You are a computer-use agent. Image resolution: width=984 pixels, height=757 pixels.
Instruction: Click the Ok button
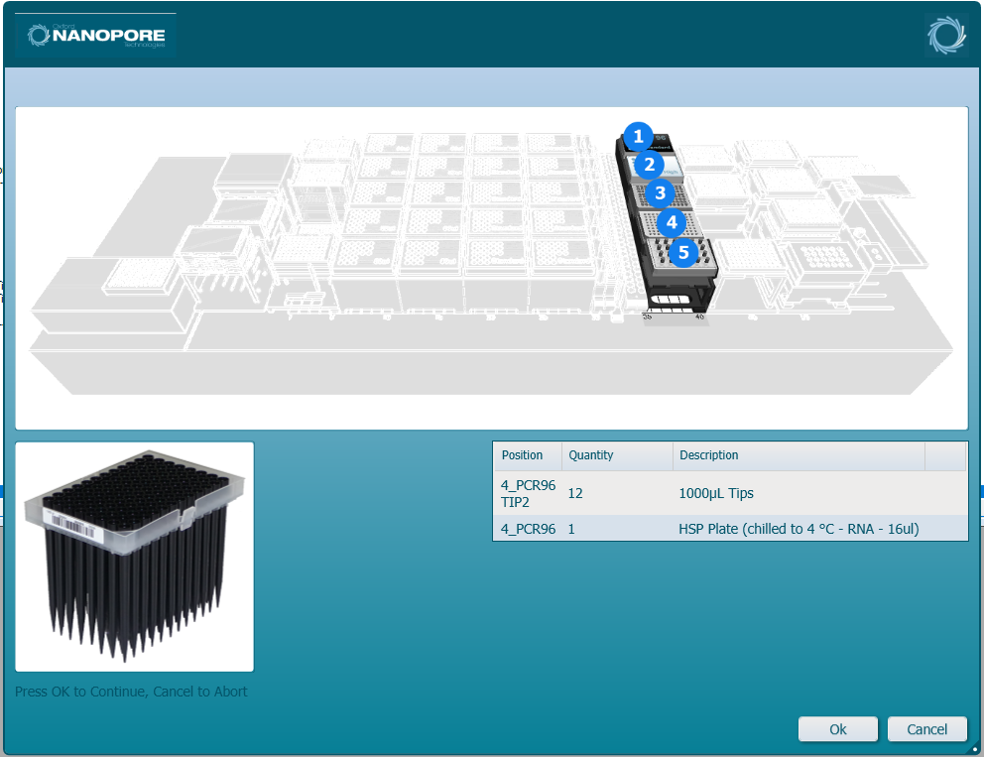pyautogui.click(x=837, y=729)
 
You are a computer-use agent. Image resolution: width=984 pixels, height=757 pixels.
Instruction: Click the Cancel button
pyautogui.click(x=926, y=729)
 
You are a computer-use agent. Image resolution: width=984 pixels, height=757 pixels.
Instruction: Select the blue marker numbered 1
pyautogui.click(x=638, y=136)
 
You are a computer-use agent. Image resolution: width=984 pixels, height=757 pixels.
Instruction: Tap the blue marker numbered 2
pyautogui.click(x=649, y=165)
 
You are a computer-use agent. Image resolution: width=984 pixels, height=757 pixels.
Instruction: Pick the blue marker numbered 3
pyautogui.click(x=660, y=193)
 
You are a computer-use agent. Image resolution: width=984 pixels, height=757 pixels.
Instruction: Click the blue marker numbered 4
pyautogui.click(x=672, y=222)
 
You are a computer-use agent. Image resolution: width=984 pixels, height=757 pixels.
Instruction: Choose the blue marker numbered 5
pyautogui.click(x=683, y=253)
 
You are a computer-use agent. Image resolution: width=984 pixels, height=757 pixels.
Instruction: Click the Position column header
pyautogui.click(x=523, y=455)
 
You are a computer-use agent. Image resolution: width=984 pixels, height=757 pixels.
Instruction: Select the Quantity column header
pyautogui.click(x=591, y=455)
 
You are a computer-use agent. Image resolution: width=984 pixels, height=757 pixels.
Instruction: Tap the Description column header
pyautogui.click(x=708, y=455)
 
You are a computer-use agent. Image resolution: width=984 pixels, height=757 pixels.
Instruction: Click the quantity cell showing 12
pyautogui.click(x=575, y=493)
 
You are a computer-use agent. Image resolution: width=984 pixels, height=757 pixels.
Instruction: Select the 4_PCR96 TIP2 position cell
pyautogui.click(x=528, y=493)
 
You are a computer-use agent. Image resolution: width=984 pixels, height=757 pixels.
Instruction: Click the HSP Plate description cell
pyautogui.click(x=799, y=529)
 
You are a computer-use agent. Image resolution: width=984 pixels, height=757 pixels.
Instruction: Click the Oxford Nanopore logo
pyautogui.click(x=96, y=37)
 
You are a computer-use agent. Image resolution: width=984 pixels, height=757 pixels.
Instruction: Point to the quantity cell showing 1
pyautogui.click(x=572, y=529)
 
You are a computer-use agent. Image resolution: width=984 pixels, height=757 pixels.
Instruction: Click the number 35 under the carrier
pyautogui.click(x=647, y=317)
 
